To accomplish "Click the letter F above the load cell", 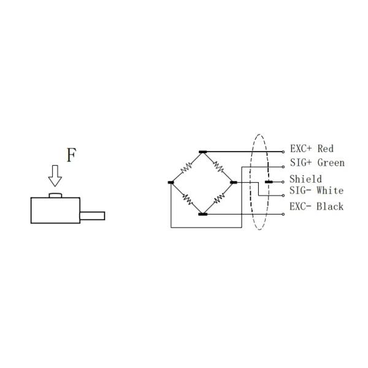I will click(71, 155).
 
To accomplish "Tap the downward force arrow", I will click(55, 176).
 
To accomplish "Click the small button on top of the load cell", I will click(55, 195).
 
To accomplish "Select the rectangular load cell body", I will click(55, 210).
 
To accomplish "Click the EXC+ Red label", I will click(311, 149).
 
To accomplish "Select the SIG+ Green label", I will click(316, 163).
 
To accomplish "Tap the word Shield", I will click(305, 179).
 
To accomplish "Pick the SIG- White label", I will click(316, 191).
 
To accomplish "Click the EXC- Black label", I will click(316, 207).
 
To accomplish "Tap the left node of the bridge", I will click(171, 182).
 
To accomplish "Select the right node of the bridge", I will click(233, 182).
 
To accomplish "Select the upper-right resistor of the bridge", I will click(218, 166).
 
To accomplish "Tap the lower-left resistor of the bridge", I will click(186, 198).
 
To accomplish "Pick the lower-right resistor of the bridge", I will click(218, 198).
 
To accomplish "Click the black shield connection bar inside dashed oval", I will click(268, 182).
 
